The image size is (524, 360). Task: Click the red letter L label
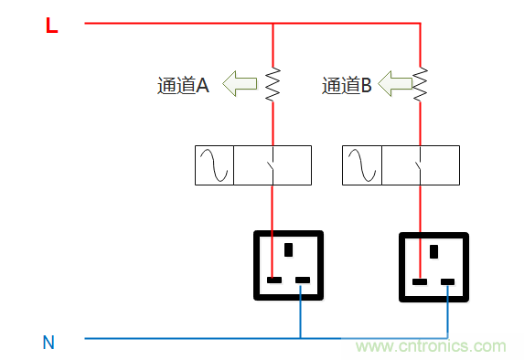[x=51, y=26]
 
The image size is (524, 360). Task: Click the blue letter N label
[x=48, y=344]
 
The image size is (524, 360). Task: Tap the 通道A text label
[x=183, y=86]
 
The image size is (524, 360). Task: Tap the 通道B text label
[x=347, y=86]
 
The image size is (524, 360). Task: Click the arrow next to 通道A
[x=241, y=85]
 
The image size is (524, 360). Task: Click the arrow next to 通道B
[x=396, y=85]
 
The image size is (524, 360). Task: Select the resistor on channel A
[x=273, y=84]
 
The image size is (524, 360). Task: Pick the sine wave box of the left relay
[x=215, y=165]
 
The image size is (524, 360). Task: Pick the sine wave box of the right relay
[x=361, y=165]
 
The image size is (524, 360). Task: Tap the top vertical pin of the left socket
[x=289, y=249]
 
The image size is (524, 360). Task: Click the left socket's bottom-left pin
[x=273, y=280]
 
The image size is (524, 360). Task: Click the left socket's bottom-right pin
[x=303, y=280]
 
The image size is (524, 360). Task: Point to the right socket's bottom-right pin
[x=448, y=281]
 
